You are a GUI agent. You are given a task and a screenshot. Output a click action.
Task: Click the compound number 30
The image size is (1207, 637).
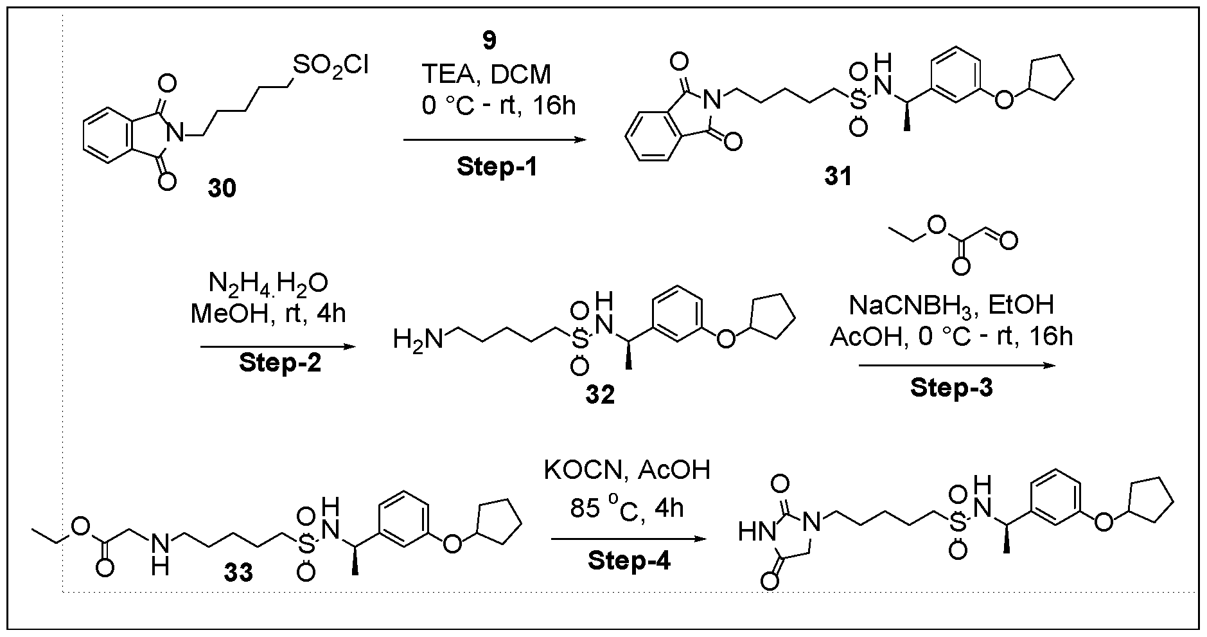[222, 188]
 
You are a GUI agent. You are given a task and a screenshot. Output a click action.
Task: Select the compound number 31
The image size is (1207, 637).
[838, 175]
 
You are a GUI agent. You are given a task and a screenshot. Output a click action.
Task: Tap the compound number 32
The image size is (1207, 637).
[599, 394]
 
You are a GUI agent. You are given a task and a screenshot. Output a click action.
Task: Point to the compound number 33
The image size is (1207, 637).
[238, 571]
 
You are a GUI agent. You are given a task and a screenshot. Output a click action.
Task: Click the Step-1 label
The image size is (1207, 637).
[497, 167]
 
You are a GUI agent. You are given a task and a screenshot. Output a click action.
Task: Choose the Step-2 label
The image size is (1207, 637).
[280, 363]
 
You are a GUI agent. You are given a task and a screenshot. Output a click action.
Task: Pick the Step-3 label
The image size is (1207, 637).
[951, 388]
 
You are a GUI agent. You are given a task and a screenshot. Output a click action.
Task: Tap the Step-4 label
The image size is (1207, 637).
[629, 561]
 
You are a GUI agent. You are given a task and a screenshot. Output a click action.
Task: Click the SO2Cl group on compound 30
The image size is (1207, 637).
[330, 66]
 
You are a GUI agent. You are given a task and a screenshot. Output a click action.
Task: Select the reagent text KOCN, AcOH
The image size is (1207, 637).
[627, 471]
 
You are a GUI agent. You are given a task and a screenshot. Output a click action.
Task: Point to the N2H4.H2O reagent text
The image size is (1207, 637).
[269, 283]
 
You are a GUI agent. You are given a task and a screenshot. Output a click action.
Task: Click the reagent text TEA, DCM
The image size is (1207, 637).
[486, 75]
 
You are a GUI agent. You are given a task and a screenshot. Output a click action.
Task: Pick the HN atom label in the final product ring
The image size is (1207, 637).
[754, 531]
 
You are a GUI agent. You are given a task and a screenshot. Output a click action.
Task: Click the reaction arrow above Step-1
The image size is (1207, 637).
[495, 139]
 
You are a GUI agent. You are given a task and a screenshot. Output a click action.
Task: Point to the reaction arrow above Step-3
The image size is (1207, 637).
[957, 365]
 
